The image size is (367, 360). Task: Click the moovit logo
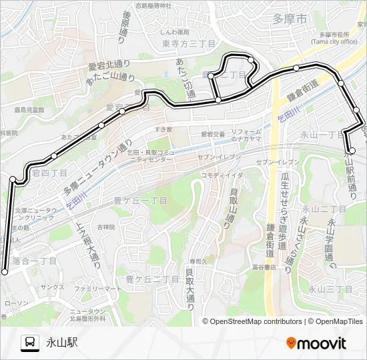(316, 343)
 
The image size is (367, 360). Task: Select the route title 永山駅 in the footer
(62, 343)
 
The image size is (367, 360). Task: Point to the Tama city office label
(334, 37)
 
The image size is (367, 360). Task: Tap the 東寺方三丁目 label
(189, 43)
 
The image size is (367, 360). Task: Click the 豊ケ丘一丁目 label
(141, 199)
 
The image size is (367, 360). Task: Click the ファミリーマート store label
(98, 289)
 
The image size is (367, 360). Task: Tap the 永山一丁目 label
(321, 135)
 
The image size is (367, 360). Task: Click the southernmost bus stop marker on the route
(5, 271)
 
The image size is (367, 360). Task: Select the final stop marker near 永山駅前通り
(351, 151)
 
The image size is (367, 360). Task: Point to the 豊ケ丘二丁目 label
(152, 279)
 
